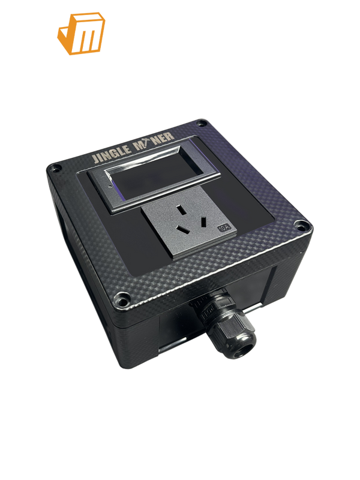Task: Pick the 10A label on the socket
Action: pyautogui.click(x=225, y=228)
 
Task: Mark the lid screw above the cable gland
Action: pyautogui.click(x=123, y=296)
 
